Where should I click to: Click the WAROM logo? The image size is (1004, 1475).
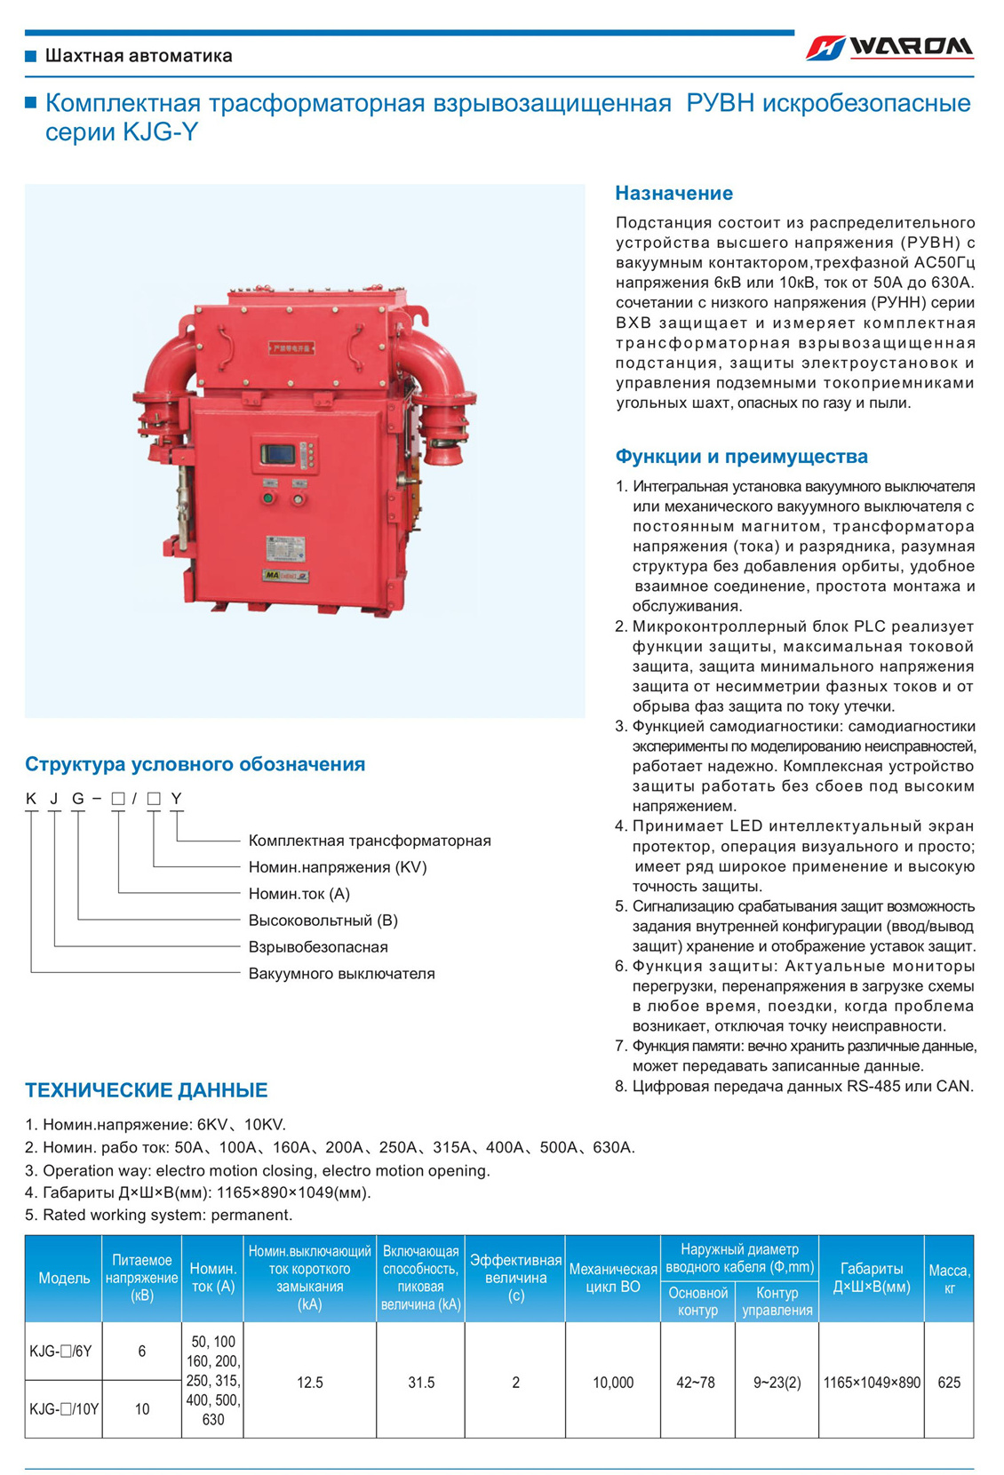(x=889, y=47)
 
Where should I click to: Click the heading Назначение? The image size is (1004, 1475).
(x=673, y=193)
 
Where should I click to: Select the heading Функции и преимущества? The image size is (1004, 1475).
(x=741, y=457)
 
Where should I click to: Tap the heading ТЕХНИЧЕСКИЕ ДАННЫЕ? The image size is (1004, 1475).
(x=146, y=1090)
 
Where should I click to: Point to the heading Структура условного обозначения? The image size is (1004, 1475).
(x=195, y=764)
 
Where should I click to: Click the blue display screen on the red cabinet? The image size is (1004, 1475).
(x=277, y=454)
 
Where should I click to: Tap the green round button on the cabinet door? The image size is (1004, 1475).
(x=267, y=498)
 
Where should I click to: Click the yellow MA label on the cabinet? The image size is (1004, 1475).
(x=273, y=576)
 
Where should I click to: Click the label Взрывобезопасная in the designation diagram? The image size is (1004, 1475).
(x=318, y=947)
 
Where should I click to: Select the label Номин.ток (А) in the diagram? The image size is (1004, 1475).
(x=299, y=894)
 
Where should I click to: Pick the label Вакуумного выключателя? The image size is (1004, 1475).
(x=341, y=974)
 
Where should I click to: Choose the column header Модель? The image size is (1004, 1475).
(x=64, y=1278)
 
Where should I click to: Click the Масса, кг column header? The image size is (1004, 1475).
(x=948, y=1279)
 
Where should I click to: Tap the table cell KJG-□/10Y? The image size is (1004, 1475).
(x=64, y=1409)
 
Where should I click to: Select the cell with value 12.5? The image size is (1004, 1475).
(x=310, y=1383)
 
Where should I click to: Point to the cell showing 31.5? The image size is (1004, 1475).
(x=421, y=1383)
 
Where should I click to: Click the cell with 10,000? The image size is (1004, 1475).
(x=613, y=1383)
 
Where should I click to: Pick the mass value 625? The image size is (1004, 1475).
(x=948, y=1383)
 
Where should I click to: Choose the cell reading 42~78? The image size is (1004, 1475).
(x=696, y=1383)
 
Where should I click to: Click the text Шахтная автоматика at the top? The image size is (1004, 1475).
(x=139, y=56)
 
